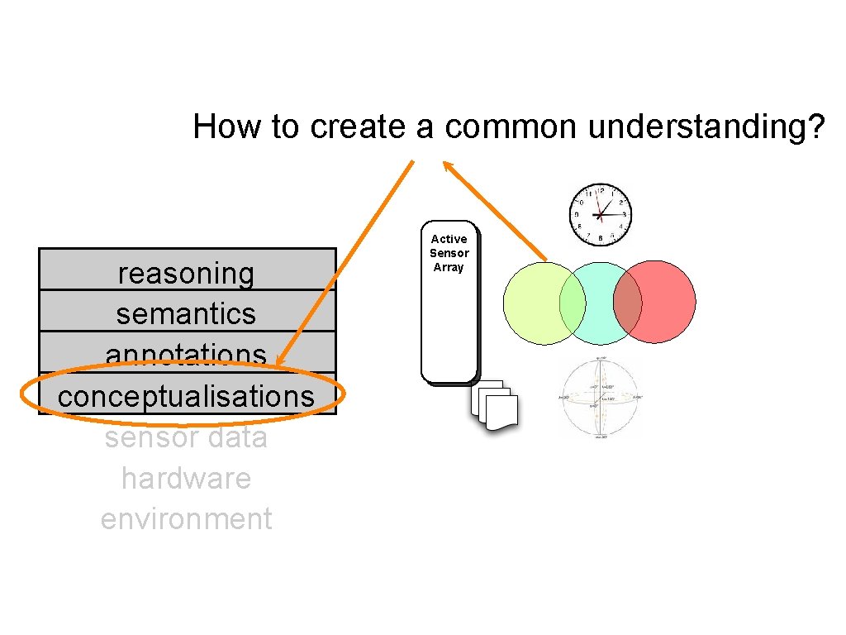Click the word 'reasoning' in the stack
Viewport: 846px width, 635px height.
point(186,274)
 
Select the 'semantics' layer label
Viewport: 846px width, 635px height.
point(186,314)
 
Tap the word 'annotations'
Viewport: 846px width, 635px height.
point(186,355)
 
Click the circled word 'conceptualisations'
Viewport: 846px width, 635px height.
point(186,396)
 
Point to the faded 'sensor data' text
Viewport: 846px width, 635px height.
point(186,437)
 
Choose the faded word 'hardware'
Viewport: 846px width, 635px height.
point(186,478)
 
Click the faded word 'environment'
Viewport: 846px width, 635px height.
point(186,519)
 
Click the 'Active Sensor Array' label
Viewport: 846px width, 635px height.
point(449,253)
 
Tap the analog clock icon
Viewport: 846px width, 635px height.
point(601,214)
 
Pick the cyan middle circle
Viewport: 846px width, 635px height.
point(600,303)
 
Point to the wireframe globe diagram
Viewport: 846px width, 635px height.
point(601,398)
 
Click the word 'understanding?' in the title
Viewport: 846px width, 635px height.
point(706,127)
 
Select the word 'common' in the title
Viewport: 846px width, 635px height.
point(512,127)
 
